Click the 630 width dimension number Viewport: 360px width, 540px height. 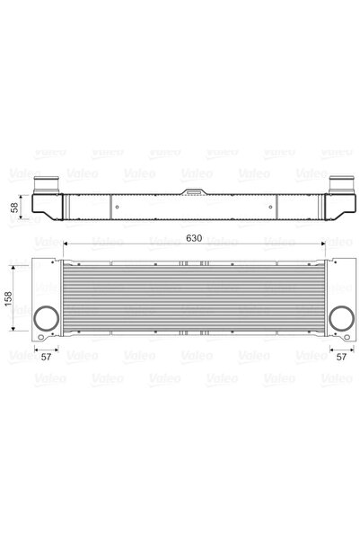pyautogui.click(x=194, y=238)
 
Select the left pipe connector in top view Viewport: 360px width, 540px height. pyautogui.click(x=46, y=185)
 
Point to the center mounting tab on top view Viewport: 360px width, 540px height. pyautogui.click(x=193, y=191)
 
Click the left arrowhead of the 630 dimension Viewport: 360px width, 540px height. pyautogui.click(x=64, y=247)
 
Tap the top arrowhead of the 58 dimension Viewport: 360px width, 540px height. pyautogui.click(x=23, y=195)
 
